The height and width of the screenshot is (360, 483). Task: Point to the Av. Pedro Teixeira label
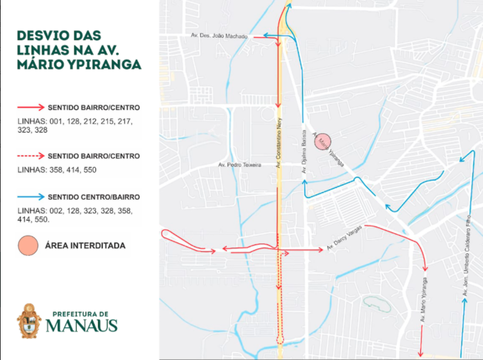pos(239,165)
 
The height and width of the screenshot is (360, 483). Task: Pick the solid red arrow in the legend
pos(31,107)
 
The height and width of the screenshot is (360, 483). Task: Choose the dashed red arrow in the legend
pos(31,156)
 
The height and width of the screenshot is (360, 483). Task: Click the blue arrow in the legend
pos(31,197)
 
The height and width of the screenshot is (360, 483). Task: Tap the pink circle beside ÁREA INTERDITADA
pos(28,246)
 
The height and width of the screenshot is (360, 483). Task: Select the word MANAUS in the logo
pos(82,325)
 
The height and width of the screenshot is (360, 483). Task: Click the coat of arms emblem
pos(29,320)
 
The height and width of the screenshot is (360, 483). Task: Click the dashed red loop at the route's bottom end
pos(280,339)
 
